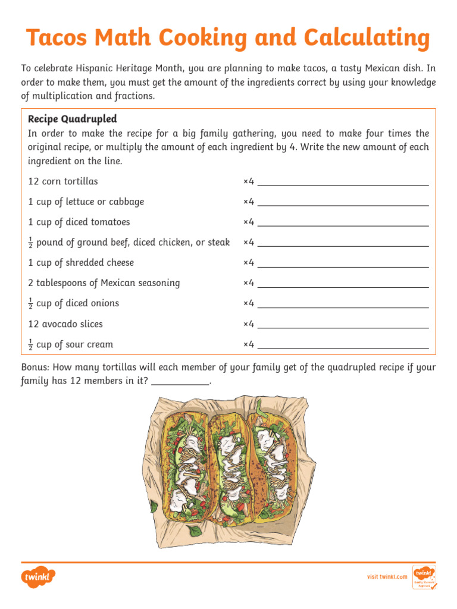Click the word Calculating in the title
click(367, 39)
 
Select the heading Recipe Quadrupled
click(73, 119)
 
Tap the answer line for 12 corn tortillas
click(343, 182)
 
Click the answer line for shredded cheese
click(343, 263)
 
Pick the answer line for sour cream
click(343, 345)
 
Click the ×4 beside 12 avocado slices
click(249, 324)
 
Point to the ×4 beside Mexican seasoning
click(249, 283)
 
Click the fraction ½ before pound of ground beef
click(30, 243)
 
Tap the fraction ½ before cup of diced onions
click(30, 304)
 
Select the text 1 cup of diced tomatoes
click(79, 222)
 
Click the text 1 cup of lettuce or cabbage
click(86, 202)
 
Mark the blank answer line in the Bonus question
click(181, 382)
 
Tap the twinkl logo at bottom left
click(38, 576)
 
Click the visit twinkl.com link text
click(387, 577)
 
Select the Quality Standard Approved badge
click(424, 577)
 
